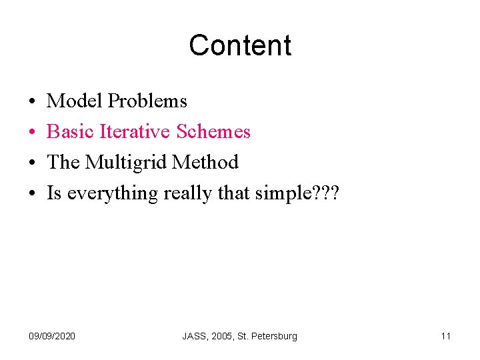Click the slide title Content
240,45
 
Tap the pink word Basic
70,132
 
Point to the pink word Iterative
135,132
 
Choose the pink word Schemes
213,132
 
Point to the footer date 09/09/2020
53,336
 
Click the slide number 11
446,336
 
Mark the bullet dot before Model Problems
32,102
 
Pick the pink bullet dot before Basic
32,133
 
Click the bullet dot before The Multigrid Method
32,163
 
